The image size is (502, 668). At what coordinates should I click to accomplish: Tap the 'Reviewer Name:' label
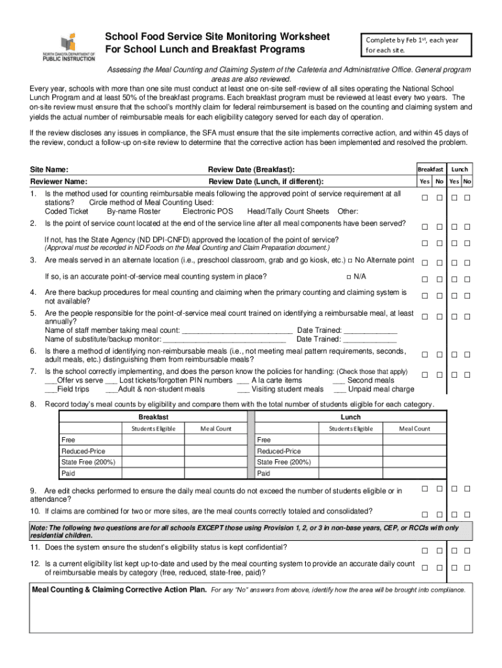pyautogui.click(x=59, y=182)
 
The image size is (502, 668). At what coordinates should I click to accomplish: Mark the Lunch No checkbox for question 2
pyautogui.click(x=467, y=227)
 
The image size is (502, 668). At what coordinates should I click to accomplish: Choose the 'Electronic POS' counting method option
pyautogui.click(x=207, y=211)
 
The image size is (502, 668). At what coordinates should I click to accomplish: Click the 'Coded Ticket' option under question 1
pyautogui.click(x=66, y=211)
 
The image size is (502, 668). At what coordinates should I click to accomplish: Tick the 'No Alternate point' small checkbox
pyautogui.click(x=351, y=260)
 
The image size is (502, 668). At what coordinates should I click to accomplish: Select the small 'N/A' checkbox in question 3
pyautogui.click(x=347, y=277)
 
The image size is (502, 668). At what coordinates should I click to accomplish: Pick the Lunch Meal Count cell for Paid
pyautogui.click(x=415, y=473)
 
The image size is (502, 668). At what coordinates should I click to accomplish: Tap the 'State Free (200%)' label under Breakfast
pyautogui.click(x=88, y=462)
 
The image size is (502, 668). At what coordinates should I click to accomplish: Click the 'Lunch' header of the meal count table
pyautogui.click(x=350, y=417)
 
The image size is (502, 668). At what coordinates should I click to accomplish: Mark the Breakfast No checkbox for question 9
pyautogui.click(x=439, y=489)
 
